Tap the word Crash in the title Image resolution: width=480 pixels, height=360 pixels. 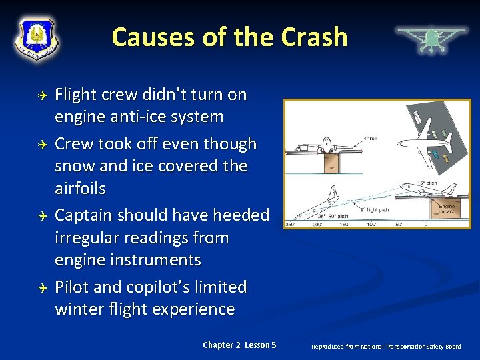click(x=314, y=37)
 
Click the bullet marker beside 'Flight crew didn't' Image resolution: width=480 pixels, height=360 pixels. click(x=41, y=96)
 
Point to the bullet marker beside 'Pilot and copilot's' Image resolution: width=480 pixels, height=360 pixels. click(x=41, y=288)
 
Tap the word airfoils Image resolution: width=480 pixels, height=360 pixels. click(x=80, y=189)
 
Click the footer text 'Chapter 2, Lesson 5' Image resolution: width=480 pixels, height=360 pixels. click(x=239, y=345)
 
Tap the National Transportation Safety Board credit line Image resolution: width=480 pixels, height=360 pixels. click(x=386, y=346)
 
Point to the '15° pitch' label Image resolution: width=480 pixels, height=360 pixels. click(x=427, y=183)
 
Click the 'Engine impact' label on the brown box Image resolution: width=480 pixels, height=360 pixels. click(x=447, y=209)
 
